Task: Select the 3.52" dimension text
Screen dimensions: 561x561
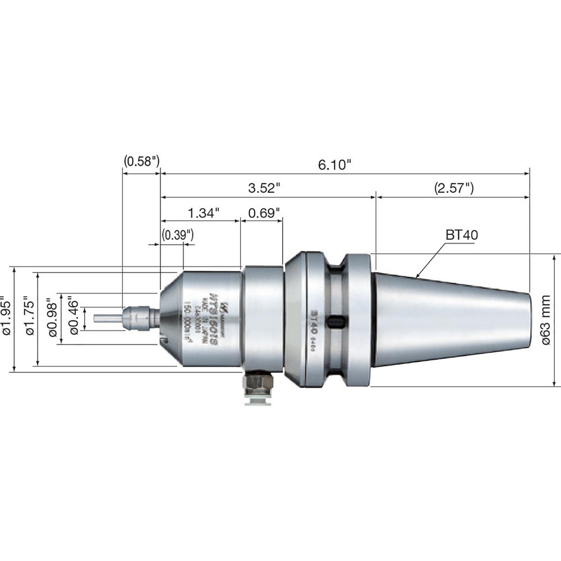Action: [x=265, y=188]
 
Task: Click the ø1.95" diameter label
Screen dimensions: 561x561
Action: [x=7, y=317]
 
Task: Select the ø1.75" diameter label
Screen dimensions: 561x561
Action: [x=30, y=317]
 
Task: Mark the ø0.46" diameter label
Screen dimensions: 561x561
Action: [x=76, y=317]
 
